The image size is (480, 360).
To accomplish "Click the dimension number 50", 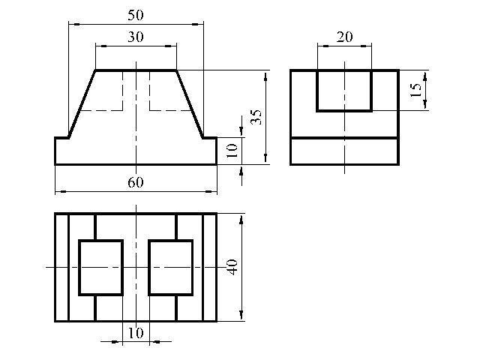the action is (x=135, y=15).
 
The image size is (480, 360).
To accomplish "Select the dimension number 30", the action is (x=135, y=37).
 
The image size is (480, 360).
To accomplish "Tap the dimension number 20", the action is (x=344, y=37).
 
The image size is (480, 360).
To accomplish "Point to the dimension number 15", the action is (x=415, y=90).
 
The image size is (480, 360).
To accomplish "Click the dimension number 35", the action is (x=256, y=117).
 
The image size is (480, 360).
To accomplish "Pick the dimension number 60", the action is (x=135, y=182).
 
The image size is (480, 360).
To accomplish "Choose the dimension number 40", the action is (x=232, y=267).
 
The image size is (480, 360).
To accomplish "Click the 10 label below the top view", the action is (x=135, y=333).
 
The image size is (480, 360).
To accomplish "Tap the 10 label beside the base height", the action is (x=232, y=150).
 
